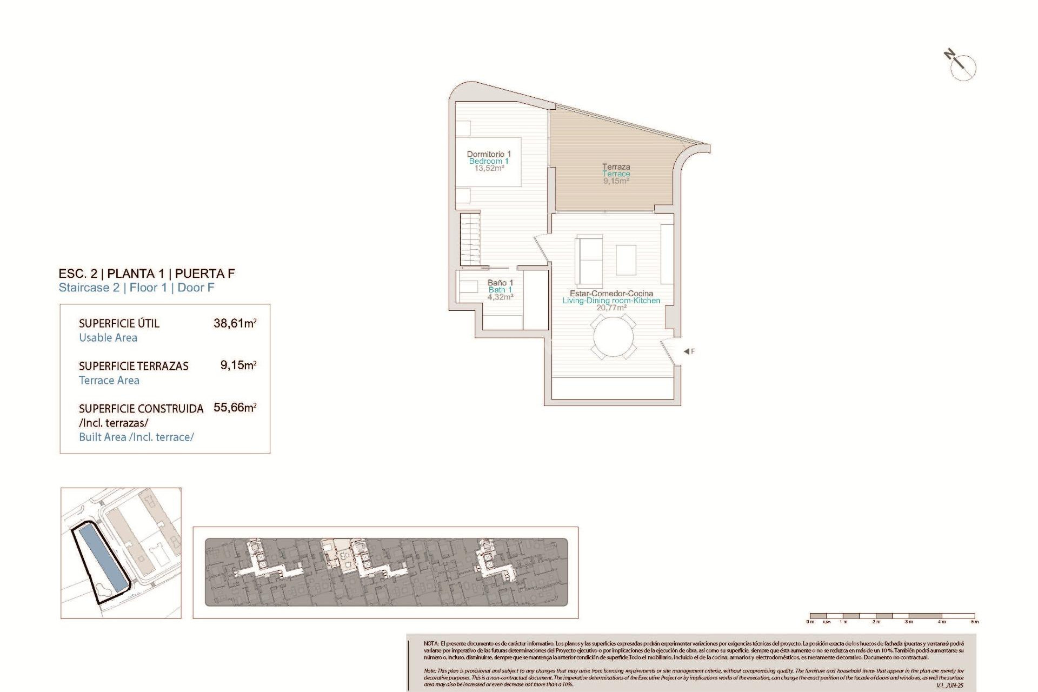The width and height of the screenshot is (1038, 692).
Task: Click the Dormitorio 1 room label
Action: point(489,154)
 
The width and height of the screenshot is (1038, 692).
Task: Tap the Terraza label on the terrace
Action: point(616,167)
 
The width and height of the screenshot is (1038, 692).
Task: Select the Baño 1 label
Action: point(500,283)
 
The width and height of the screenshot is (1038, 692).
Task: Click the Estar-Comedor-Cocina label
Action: point(611,294)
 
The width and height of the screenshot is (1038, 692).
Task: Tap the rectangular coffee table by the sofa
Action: point(626,260)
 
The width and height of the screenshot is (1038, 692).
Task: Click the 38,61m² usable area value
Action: point(235,323)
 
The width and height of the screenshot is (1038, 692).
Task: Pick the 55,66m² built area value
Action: point(235,408)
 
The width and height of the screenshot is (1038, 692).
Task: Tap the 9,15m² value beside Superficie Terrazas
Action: point(238,365)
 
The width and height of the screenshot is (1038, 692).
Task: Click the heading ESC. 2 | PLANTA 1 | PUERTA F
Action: point(147,274)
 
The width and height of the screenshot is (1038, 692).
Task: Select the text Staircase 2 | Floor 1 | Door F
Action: point(136,288)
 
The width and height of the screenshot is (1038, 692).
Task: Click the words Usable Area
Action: point(108,338)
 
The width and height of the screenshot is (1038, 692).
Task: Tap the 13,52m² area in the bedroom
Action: point(489,168)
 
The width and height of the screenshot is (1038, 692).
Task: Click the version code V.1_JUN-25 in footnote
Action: point(949,686)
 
